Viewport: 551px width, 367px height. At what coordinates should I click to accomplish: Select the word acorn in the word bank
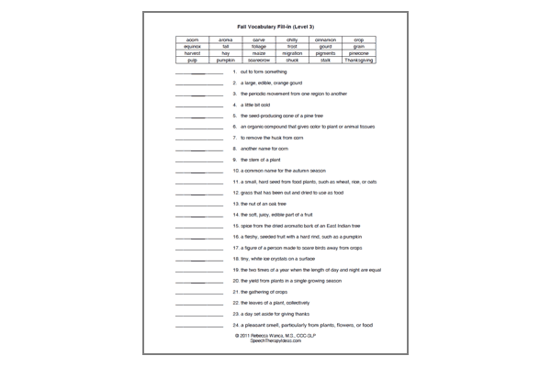coord(192,41)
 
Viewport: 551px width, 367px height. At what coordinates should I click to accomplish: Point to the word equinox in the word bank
coord(192,48)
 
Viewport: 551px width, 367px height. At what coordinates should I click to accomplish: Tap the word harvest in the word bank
coord(192,54)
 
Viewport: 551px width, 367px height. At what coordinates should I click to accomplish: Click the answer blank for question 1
coord(198,72)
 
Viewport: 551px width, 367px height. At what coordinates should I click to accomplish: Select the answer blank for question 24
coord(198,327)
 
